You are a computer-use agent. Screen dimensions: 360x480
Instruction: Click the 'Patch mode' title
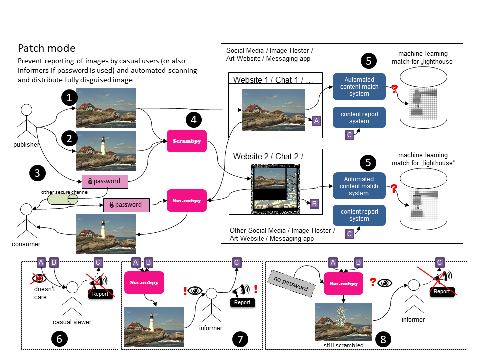pos(47,48)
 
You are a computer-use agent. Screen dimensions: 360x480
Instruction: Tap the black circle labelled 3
pos(37,174)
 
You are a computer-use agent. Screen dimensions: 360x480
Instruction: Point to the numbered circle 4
pos(194,120)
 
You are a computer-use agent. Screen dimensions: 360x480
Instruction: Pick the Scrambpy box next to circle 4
pos(186,141)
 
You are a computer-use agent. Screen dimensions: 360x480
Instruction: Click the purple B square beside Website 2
pos(314,203)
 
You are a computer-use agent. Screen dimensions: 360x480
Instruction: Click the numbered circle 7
pos(240,339)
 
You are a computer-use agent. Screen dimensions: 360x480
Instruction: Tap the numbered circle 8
pos(383,339)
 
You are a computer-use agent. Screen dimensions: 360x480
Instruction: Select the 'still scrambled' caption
pos(343,345)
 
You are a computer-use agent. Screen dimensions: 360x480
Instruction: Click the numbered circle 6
pos(59,339)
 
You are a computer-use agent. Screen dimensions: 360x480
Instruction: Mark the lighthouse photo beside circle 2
pos(106,151)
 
